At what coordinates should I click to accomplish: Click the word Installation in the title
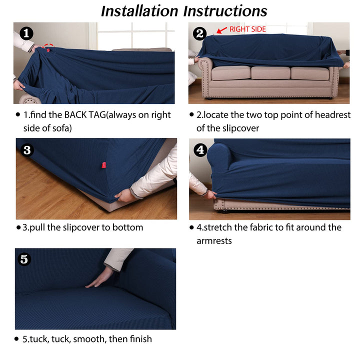click(139, 11)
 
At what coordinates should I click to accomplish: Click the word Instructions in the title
click(225, 11)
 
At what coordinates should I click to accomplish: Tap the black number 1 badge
click(26, 33)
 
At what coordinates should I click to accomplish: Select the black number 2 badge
click(199, 34)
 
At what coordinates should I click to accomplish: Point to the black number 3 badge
click(27, 150)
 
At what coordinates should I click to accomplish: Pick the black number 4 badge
click(200, 150)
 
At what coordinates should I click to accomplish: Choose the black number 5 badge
click(24, 259)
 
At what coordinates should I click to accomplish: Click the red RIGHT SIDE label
click(247, 29)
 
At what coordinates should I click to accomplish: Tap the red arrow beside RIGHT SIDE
click(222, 30)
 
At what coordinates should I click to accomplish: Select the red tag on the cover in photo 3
click(104, 165)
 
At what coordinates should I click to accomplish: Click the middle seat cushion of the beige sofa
click(270, 73)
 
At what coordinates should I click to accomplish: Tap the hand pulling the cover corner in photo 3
click(124, 196)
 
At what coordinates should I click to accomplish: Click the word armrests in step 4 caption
click(214, 241)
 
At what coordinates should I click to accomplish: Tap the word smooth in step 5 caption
click(89, 339)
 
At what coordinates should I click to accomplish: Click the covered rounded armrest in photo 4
click(219, 158)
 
